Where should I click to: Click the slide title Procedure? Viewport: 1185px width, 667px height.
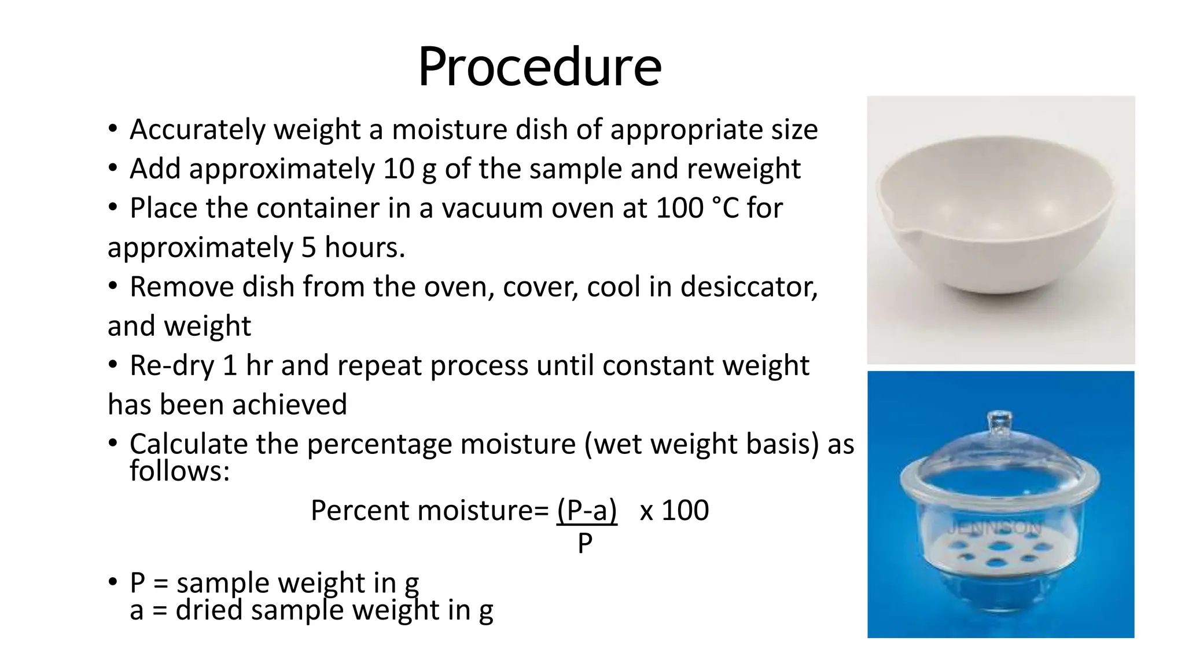[539, 67]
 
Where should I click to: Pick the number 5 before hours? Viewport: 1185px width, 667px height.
[308, 248]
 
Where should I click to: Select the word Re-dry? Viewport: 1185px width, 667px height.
[172, 367]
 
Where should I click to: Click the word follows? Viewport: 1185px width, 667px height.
[179, 471]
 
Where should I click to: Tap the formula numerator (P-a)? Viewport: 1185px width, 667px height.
[587, 511]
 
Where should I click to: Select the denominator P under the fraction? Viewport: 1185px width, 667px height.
[585, 544]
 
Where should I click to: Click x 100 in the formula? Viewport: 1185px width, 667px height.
[674, 511]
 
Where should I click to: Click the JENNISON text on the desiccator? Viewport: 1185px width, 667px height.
[995, 527]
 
